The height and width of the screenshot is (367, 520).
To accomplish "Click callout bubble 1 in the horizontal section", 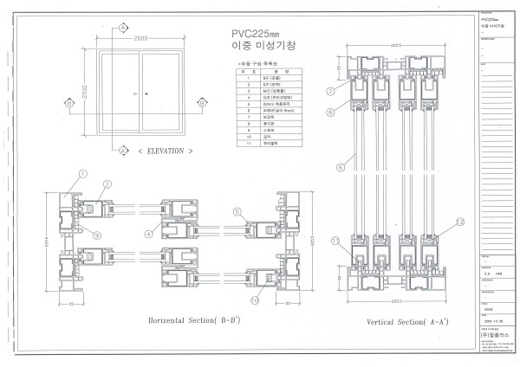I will tap(82, 174).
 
